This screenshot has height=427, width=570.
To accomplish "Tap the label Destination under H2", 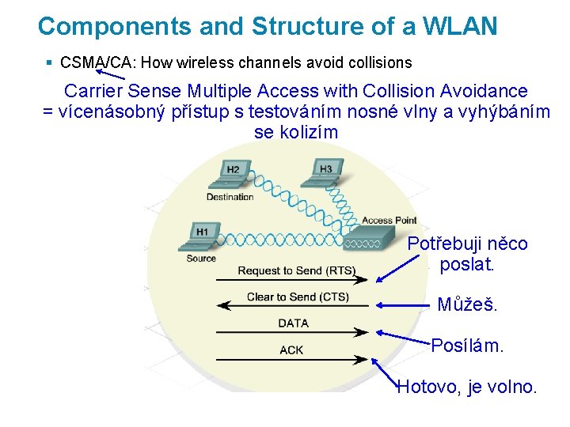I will pos(230,197).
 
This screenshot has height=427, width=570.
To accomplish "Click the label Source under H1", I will pos(201,259).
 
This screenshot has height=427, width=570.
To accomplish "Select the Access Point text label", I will pos(389,220).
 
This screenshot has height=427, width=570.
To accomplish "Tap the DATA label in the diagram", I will pos(294,323).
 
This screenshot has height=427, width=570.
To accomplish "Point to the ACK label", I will pos(291,350).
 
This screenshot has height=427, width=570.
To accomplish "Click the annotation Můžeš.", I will pos(468,304).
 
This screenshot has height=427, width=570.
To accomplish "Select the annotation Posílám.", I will pos(467,346).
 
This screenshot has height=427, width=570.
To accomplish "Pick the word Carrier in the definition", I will pos(93,91).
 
